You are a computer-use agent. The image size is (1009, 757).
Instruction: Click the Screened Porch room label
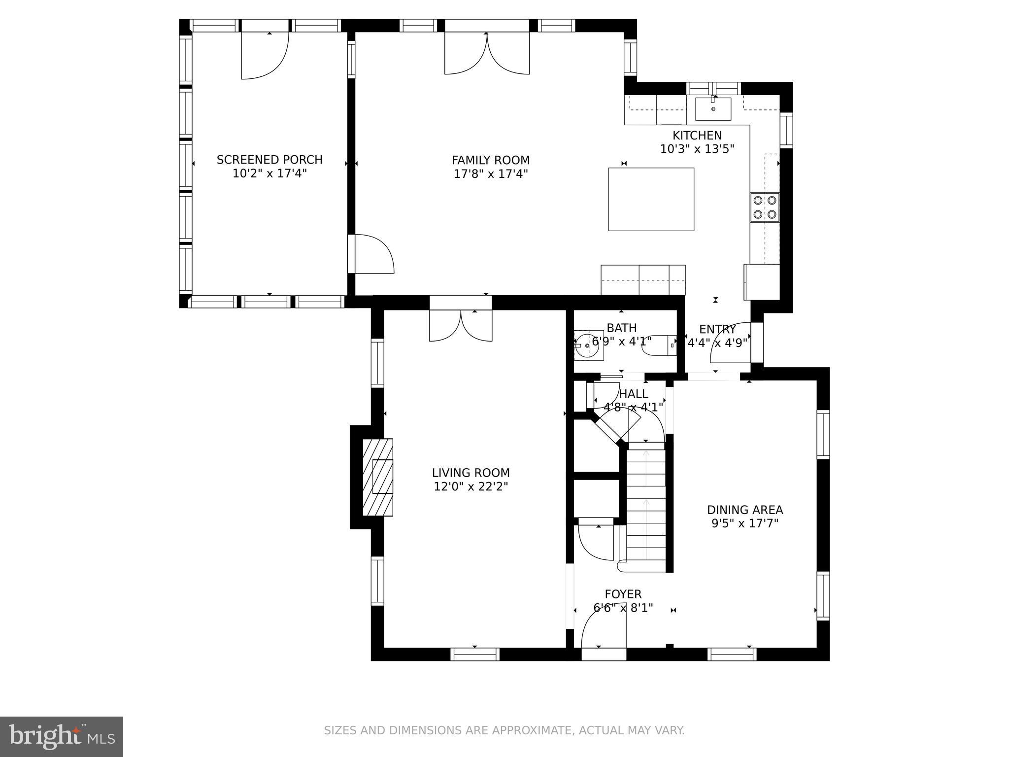pyautogui.click(x=269, y=160)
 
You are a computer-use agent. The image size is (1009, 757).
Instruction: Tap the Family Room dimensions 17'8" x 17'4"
pyautogui.click(x=491, y=173)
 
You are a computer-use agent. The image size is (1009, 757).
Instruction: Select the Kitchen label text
pyautogui.click(x=697, y=136)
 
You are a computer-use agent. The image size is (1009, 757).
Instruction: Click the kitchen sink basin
pyautogui.click(x=713, y=109)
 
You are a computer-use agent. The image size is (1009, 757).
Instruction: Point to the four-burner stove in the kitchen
pyautogui.click(x=765, y=207)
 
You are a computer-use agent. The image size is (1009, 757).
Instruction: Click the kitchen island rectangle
pyautogui.click(x=651, y=199)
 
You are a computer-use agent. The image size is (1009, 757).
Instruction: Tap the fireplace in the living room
pyautogui.click(x=378, y=477)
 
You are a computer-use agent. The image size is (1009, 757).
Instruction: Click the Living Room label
pyautogui.click(x=471, y=473)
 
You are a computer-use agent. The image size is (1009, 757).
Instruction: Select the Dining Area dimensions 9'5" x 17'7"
pyautogui.click(x=745, y=523)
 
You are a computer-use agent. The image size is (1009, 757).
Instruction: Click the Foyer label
pyautogui.click(x=623, y=594)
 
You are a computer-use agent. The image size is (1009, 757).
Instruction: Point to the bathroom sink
pyautogui.click(x=588, y=345)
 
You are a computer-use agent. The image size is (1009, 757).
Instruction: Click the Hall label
pyautogui.click(x=634, y=394)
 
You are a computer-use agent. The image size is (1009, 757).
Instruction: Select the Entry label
pyautogui.click(x=717, y=330)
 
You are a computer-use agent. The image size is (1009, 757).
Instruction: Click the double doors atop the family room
pyautogui.click(x=487, y=53)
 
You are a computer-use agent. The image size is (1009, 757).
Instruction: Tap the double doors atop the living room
pyautogui.click(x=461, y=325)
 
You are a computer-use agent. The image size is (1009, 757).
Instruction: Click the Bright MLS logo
pyautogui.click(x=62, y=736)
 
